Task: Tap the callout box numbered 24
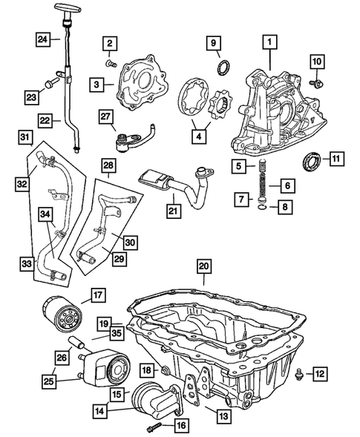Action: pyautogui.click(x=44, y=39)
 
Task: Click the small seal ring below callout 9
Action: pyautogui.click(x=220, y=70)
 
